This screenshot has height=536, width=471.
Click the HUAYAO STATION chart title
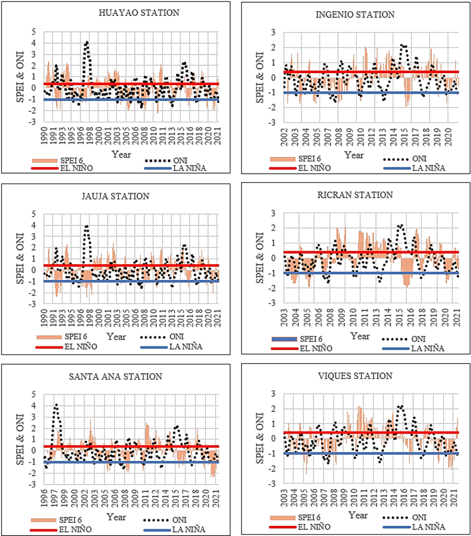139,13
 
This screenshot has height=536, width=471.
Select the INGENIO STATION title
355,15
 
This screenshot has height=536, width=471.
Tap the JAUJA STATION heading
116,196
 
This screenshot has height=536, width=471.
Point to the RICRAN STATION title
355,195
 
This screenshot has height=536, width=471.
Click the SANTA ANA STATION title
116,376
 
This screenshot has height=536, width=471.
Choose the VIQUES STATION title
355,376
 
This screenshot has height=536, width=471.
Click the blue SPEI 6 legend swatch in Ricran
284,339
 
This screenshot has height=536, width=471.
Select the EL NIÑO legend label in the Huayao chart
76,168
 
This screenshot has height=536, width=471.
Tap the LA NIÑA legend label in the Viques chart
428,527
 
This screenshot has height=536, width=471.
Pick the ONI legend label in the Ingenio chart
419,159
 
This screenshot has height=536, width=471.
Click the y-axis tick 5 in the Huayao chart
33,32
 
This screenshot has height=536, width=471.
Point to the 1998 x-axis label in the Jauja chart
90,318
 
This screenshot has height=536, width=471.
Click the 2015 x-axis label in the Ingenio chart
405,137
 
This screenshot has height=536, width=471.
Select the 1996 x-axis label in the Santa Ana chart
44,498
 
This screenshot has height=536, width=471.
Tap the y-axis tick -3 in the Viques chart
272,484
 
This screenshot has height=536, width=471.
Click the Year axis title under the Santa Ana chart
116,517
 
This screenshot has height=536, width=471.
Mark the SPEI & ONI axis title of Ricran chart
260,258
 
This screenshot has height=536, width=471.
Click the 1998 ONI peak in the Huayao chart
88,42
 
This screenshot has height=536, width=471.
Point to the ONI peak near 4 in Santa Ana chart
56,405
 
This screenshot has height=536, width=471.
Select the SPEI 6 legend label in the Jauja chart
76,336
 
